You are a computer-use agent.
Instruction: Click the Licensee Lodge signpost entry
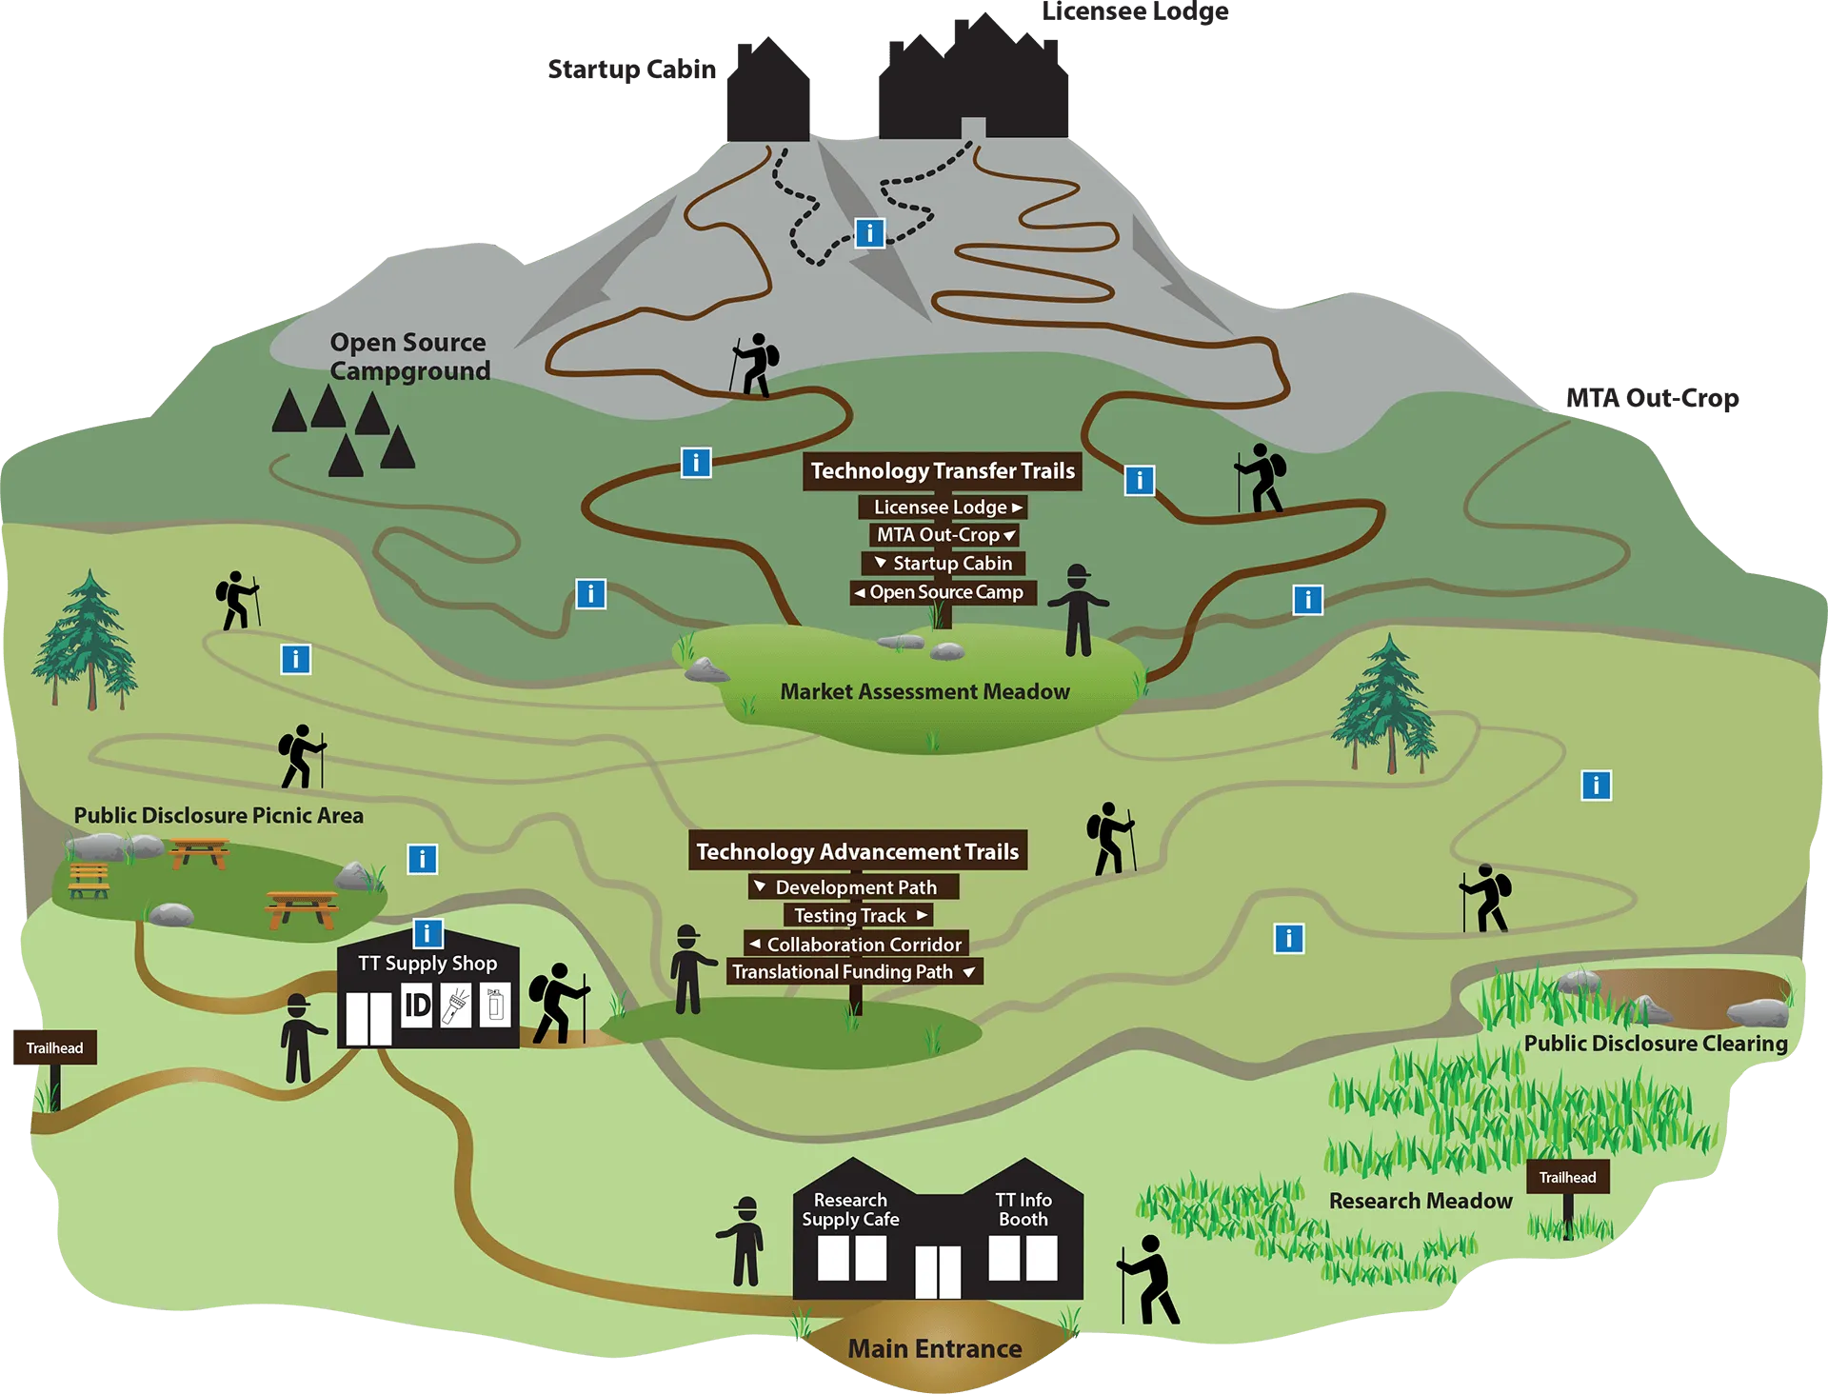click(943, 508)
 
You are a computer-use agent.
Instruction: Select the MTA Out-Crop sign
click(943, 535)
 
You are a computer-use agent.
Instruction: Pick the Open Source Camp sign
click(943, 592)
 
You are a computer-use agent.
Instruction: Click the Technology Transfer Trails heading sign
click(943, 471)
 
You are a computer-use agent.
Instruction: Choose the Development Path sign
click(854, 887)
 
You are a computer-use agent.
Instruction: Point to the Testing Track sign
click(858, 916)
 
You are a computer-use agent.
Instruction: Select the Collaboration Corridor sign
click(856, 945)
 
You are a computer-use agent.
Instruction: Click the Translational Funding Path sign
click(854, 972)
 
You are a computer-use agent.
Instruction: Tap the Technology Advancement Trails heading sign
click(858, 851)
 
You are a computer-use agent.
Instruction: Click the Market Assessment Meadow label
click(924, 692)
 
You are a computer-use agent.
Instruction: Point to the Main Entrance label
click(935, 1349)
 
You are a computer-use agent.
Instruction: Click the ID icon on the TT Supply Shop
click(417, 1006)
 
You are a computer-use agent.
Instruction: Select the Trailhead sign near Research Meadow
click(1567, 1178)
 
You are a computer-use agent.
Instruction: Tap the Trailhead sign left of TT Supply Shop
click(53, 1048)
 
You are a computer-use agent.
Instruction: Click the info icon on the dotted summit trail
click(869, 233)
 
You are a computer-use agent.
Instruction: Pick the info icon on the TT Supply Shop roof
click(427, 934)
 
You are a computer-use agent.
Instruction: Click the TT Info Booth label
click(1023, 1209)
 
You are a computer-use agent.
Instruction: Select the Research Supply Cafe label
click(850, 1209)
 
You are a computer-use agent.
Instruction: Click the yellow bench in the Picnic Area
click(89, 880)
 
